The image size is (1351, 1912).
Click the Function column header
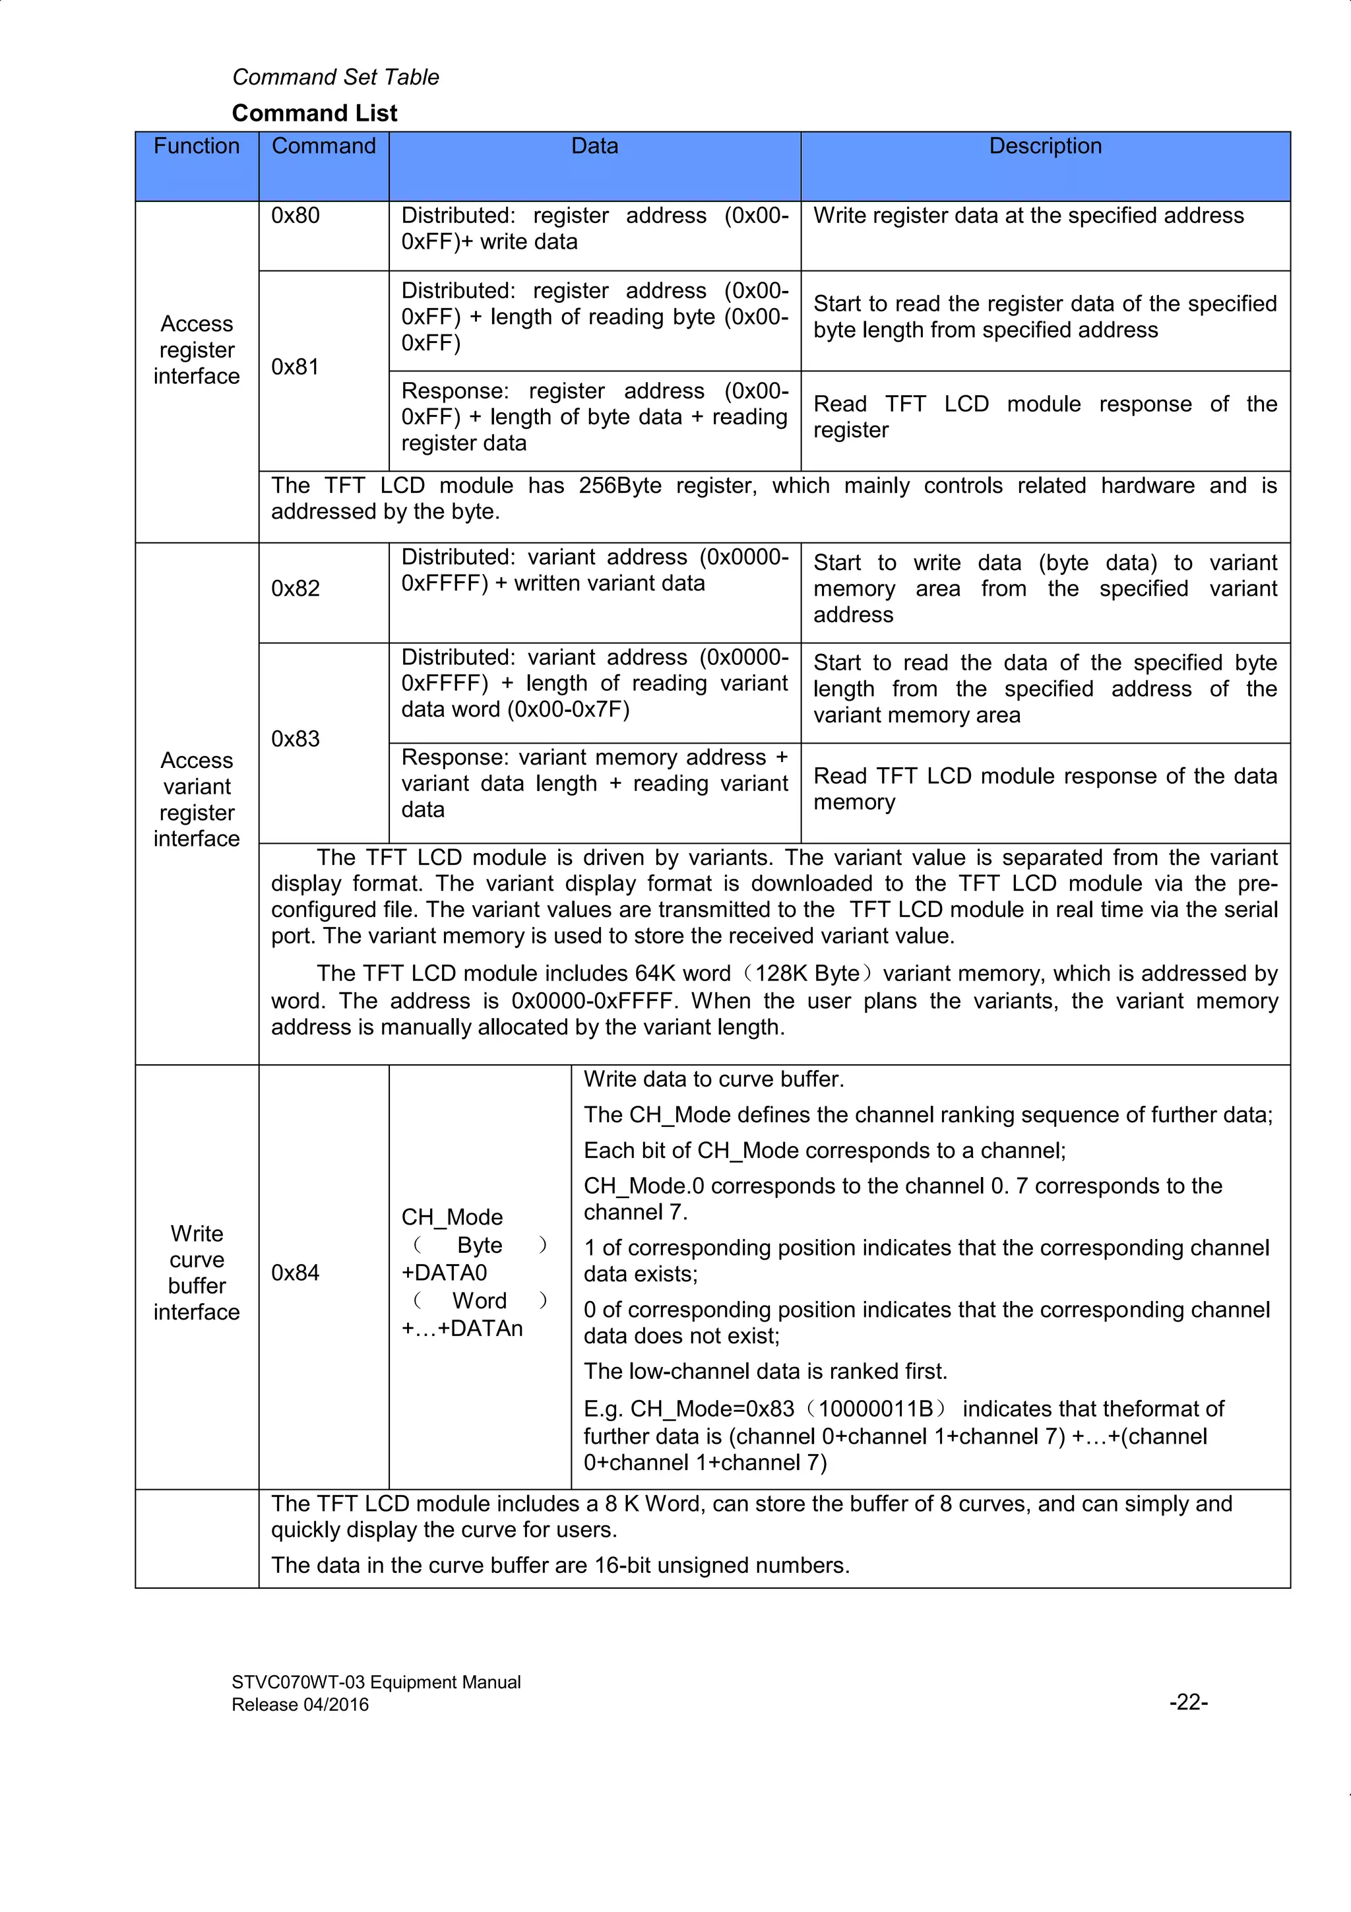(x=197, y=146)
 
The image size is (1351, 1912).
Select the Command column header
(x=323, y=146)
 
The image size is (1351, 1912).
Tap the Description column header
(x=1045, y=146)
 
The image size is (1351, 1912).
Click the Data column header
(x=594, y=146)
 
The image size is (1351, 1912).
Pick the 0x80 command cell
(x=296, y=216)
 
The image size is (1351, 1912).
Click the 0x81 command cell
(x=296, y=367)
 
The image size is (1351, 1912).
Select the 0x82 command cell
(x=296, y=589)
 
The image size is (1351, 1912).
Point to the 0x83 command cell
(x=296, y=739)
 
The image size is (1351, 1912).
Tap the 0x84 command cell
(x=296, y=1273)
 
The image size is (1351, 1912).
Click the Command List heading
(x=315, y=113)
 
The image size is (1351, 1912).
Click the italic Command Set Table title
(x=336, y=77)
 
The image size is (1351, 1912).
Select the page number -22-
(x=1188, y=1702)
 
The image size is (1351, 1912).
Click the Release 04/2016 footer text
(x=299, y=1705)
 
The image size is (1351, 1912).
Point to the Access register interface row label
(x=197, y=350)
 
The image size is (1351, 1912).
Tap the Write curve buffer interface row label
(x=197, y=1273)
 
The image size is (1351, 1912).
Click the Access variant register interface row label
(x=197, y=800)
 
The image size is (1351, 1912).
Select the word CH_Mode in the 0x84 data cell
(x=452, y=1217)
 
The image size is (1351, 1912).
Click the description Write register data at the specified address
(x=1028, y=216)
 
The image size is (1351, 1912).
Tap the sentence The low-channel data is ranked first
(x=765, y=1371)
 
